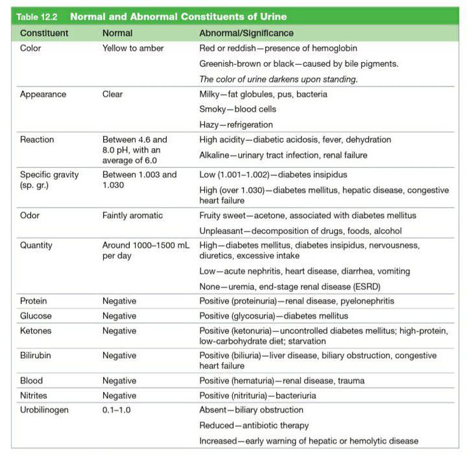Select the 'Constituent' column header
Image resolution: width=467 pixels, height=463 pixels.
click(x=44, y=33)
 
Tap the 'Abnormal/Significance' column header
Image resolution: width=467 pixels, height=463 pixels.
click(x=246, y=33)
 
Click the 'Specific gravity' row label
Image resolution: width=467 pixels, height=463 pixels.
click(x=50, y=175)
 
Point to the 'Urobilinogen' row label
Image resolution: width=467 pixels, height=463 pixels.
click(x=44, y=410)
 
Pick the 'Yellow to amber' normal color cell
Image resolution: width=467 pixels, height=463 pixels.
click(x=133, y=48)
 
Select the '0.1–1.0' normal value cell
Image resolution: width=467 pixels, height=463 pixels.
click(x=116, y=410)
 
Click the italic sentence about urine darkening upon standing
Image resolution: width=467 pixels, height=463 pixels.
click(x=279, y=79)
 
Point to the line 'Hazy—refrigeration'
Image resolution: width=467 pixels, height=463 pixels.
click(x=236, y=125)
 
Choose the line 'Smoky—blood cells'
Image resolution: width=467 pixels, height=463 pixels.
click(x=237, y=109)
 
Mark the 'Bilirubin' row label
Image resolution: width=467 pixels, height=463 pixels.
click(x=37, y=356)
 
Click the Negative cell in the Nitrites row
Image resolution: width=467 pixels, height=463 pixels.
click(x=119, y=396)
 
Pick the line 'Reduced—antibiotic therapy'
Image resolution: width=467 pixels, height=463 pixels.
click(x=254, y=425)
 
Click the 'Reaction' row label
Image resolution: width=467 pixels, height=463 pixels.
click(x=37, y=140)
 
